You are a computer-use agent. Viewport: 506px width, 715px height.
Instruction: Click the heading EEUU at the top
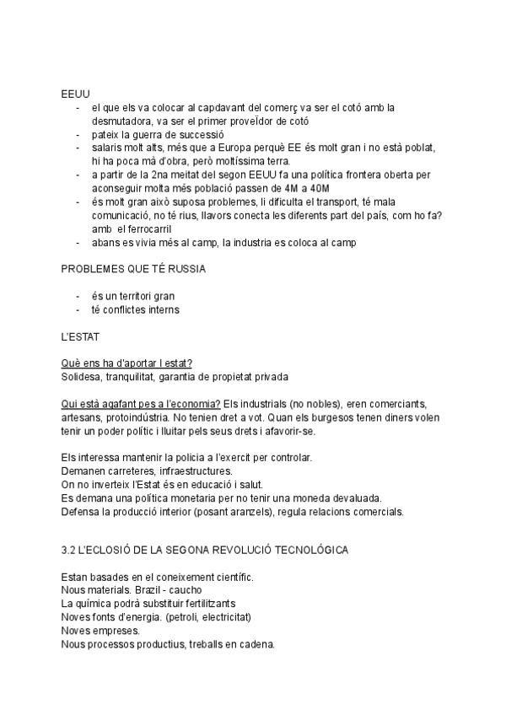click(x=75, y=93)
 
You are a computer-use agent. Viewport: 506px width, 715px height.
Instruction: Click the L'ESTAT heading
click(x=80, y=336)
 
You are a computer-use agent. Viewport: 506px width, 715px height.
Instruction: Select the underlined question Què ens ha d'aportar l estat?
click(x=126, y=363)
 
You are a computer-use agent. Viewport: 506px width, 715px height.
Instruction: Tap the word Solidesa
click(x=82, y=377)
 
